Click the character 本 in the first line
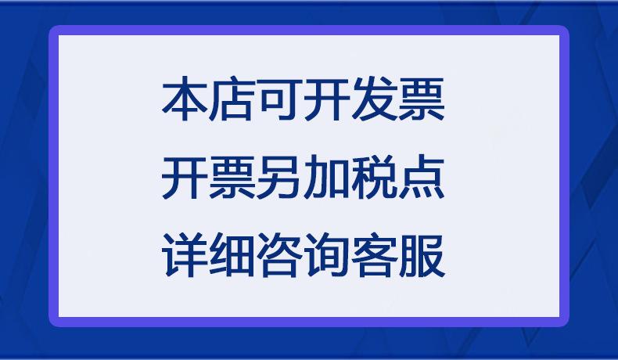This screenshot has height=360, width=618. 185,99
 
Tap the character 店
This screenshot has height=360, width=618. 232,99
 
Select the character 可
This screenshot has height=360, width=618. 279,99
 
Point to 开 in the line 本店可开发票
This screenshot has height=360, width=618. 327,99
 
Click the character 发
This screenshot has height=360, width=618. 374,99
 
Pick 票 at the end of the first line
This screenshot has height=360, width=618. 422,99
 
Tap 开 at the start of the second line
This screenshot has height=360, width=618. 185,178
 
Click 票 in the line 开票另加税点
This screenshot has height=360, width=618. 232,178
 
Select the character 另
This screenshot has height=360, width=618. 279,178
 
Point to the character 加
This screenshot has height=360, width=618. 327,178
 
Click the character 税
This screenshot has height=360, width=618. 374,178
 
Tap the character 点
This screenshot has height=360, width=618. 422,178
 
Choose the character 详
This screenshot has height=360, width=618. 185,255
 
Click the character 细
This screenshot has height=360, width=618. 232,255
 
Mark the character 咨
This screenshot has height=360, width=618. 279,255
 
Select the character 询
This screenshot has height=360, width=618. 327,255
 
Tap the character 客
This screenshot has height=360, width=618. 374,255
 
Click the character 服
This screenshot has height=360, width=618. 422,255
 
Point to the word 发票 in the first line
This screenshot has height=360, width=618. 398,99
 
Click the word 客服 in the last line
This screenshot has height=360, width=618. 398,255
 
